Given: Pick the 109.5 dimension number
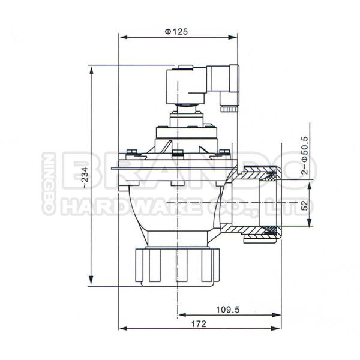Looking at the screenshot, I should [228, 310].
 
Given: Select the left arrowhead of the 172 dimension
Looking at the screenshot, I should [122, 328].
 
